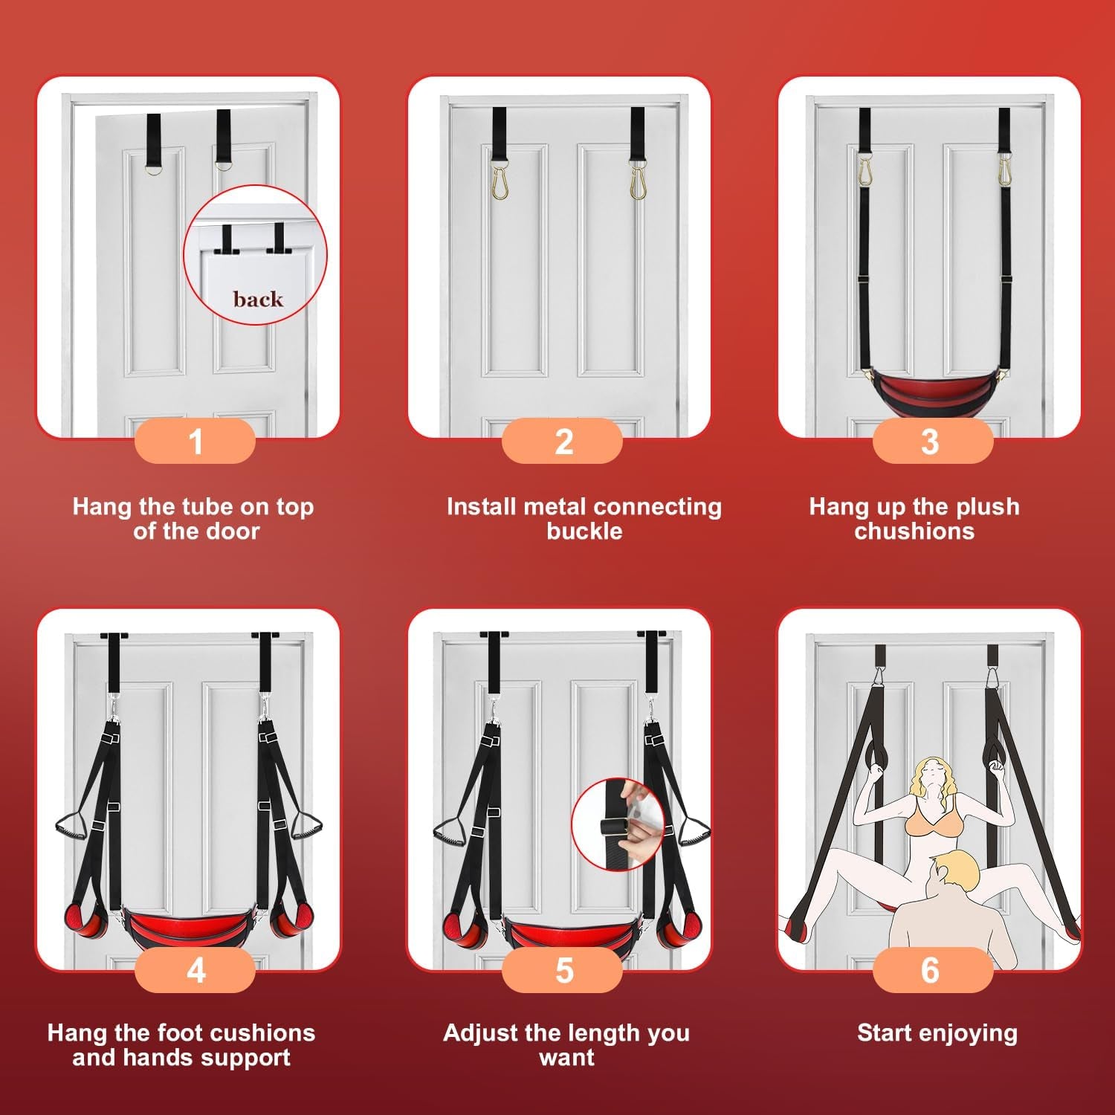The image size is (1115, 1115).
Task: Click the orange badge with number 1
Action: [195, 441]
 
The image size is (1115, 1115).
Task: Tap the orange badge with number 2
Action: [563, 441]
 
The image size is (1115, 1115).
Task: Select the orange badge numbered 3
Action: [932, 441]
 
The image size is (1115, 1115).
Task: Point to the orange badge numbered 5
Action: [563, 970]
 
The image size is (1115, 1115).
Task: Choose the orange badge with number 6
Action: [932, 970]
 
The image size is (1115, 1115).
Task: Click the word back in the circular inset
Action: [258, 299]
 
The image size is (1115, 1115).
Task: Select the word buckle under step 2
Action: [584, 531]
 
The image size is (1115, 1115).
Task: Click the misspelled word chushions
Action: [914, 531]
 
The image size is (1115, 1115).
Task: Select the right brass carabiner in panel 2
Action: [638, 177]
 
